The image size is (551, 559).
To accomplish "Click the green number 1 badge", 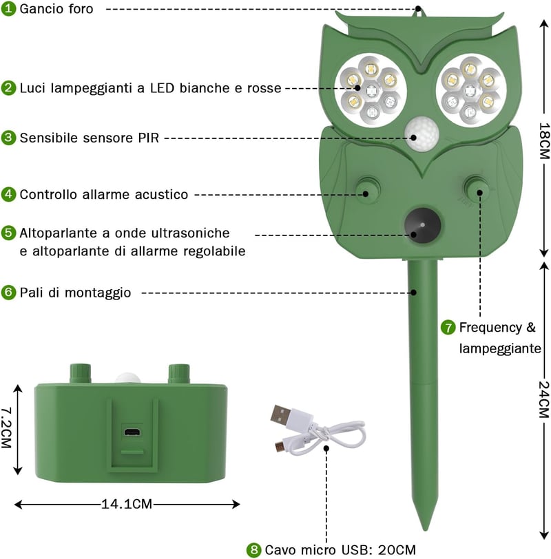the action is click(x=8, y=9).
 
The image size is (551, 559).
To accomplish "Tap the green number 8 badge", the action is click(x=254, y=550).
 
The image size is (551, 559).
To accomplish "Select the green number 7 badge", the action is click(x=448, y=327).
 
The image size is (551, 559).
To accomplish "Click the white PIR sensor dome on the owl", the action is click(x=422, y=134).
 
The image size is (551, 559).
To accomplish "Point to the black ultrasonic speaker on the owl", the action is click(x=423, y=226).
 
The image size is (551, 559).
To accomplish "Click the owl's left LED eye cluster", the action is click(x=371, y=89).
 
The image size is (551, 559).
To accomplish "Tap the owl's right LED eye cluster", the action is click(x=470, y=91).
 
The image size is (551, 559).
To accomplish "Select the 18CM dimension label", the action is click(x=544, y=141).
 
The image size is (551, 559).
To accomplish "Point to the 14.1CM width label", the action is click(x=127, y=504).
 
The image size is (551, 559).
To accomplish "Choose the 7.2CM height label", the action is click(x=6, y=428).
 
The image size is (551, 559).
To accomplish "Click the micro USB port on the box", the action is click(x=132, y=432).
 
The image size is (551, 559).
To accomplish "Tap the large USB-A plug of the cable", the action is click(x=282, y=414).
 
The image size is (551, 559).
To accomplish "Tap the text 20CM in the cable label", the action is click(x=397, y=550).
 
